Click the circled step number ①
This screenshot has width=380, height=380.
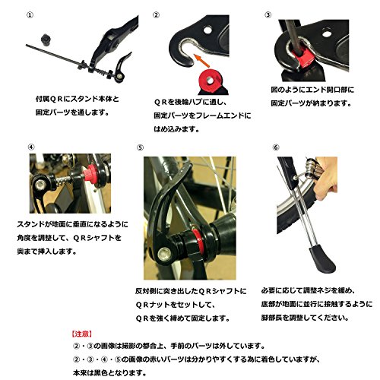(x=30, y=15)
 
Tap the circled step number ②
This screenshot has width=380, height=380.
(x=157, y=15)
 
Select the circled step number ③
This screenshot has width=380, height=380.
(x=268, y=15)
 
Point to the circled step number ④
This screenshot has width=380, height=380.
(x=31, y=147)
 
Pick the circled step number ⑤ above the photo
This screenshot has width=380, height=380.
(x=140, y=147)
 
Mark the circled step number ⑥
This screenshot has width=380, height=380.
(x=276, y=147)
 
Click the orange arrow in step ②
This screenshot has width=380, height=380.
(x=201, y=61)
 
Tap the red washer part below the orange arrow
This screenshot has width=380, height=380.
(x=209, y=81)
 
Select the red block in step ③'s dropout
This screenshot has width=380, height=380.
(x=301, y=58)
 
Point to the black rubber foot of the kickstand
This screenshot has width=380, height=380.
(x=321, y=258)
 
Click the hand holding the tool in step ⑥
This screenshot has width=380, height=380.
(x=326, y=177)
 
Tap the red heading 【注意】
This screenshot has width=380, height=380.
(x=81, y=334)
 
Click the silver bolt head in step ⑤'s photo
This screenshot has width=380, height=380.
(x=163, y=254)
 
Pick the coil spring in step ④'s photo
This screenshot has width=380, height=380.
(x=62, y=180)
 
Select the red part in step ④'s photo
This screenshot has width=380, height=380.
(x=90, y=173)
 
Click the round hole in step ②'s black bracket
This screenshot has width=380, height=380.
(x=207, y=30)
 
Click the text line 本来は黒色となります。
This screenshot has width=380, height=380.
(x=109, y=373)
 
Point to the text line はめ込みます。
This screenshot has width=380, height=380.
(x=176, y=129)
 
